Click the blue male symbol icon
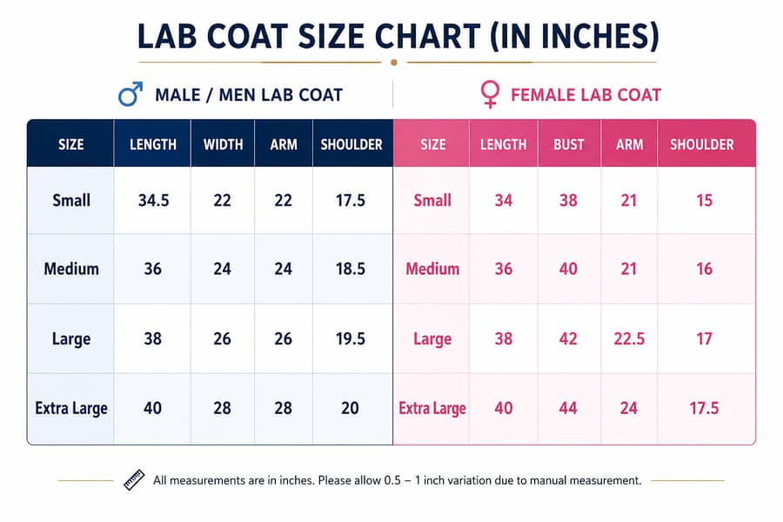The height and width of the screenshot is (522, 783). (130, 95)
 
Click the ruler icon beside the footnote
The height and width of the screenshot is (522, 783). (134, 480)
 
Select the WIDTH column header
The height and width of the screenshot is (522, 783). (223, 145)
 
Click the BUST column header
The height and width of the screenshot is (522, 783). (568, 145)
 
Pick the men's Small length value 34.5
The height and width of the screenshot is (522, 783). (153, 200)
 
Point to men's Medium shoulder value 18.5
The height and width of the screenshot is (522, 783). (350, 269)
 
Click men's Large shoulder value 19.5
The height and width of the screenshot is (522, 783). (350, 338)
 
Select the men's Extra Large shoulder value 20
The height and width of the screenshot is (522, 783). (350, 408)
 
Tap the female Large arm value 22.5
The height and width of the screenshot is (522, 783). (629, 338)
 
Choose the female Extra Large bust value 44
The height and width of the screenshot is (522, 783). (568, 408)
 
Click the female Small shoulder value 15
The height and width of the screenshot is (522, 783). (704, 200)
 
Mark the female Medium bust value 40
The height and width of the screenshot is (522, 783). (568, 269)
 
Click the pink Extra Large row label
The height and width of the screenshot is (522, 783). (432, 409)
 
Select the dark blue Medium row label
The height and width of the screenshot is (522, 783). (71, 269)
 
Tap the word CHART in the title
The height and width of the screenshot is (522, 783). (428, 36)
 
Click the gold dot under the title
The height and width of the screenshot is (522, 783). (394, 63)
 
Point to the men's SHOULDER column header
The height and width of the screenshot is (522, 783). (351, 145)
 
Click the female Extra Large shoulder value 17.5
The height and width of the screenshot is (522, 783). (704, 408)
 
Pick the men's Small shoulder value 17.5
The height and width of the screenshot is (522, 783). (350, 200)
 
